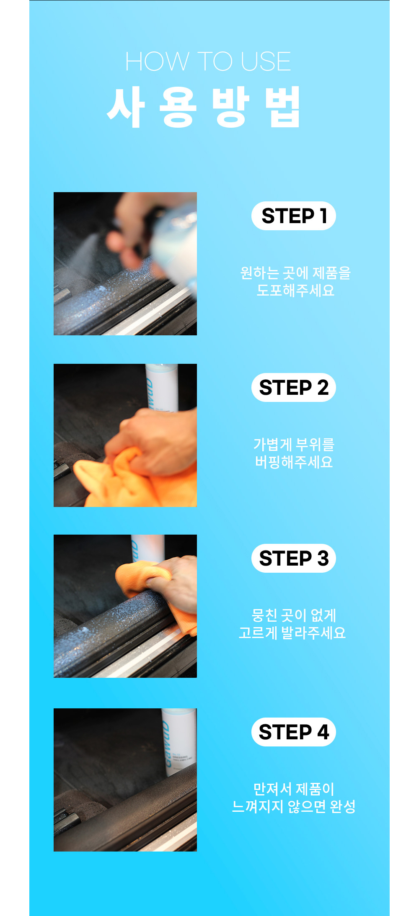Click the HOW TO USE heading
coord(208,62)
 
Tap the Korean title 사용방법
coord(204,107)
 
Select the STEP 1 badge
coord(294,216)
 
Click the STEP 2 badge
coord(294,388)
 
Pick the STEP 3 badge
coord(294,558)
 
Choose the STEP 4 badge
coord(294,732)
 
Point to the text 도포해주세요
coord(295,290)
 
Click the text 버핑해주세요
coord(294,462)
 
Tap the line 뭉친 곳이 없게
coord(294,615)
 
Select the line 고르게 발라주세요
coord(292,633)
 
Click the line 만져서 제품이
coord(294,789)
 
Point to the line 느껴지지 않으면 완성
coord(294,806)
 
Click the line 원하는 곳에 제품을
coord(295,273)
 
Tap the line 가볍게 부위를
coord(294,445)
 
